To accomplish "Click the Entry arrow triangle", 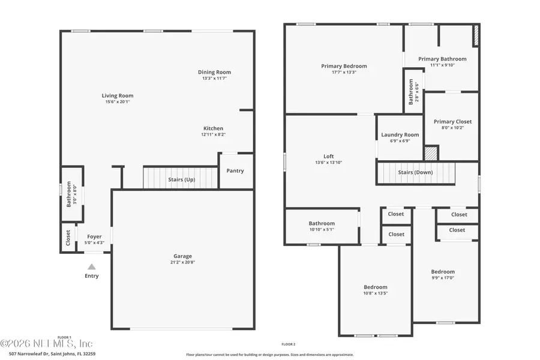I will [91, 266].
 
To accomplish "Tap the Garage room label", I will [184, 256].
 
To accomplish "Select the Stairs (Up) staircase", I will [181, 178].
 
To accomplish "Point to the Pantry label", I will [235, 170].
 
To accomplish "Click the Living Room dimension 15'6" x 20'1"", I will [117, 102].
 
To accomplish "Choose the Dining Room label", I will [214, 72].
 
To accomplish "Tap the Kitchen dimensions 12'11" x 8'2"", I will [213, 135].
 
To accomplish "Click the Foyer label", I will [94, 236].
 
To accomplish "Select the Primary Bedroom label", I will [344, 66].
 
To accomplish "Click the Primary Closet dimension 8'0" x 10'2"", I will [452, 128].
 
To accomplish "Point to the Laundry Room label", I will [400, 135].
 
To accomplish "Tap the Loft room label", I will [328, 156].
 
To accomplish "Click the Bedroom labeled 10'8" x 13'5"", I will [376, 287].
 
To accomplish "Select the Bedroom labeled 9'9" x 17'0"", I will [443, 271].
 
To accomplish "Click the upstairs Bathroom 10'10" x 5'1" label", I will [322, 224].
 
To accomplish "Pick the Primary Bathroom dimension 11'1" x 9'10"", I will [442, 65].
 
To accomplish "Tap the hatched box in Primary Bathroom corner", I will [476, 35].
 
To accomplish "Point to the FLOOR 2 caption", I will [288, 344].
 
